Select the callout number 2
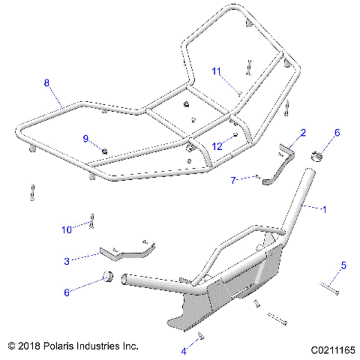[302, 133]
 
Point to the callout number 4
[182, 350]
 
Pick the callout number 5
[343, 265]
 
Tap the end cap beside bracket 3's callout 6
[108, 278]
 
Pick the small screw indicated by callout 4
[200, 339]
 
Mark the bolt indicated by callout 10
[91, 220]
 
